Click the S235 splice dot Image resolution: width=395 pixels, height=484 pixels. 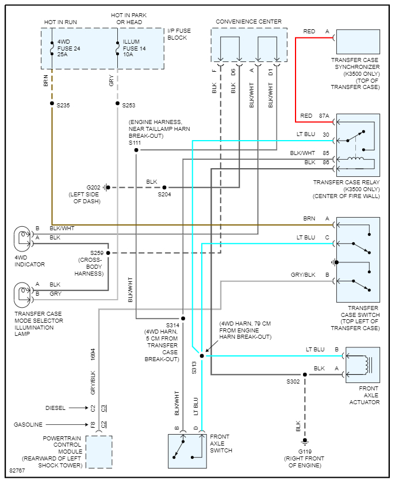pos(52,104)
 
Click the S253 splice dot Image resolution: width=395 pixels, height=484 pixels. pos(118,104)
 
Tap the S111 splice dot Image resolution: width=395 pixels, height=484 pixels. pos(136,150)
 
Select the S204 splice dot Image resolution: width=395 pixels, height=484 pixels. pos(164,187)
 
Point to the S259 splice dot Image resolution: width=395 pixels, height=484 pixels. pos(108,253)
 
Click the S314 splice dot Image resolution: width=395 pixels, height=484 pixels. pos(183,318)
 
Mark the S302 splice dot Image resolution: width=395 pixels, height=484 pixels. pos(305,374)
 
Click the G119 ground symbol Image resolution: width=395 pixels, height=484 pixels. pos(305,441)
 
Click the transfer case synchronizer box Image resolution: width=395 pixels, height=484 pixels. pos(358,42)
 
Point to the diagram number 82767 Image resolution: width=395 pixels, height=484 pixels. pos(18,471)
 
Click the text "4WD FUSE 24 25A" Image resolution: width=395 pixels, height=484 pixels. pos(68,49)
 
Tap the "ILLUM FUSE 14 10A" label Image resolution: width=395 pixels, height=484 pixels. pos(135,49)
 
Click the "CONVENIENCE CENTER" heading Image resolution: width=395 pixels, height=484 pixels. pos(248,22)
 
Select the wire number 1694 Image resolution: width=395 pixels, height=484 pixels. pos(93,355)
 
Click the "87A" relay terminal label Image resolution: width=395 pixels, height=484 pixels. pos(324,116)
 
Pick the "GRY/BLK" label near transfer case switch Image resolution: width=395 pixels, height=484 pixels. pos(303,275)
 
